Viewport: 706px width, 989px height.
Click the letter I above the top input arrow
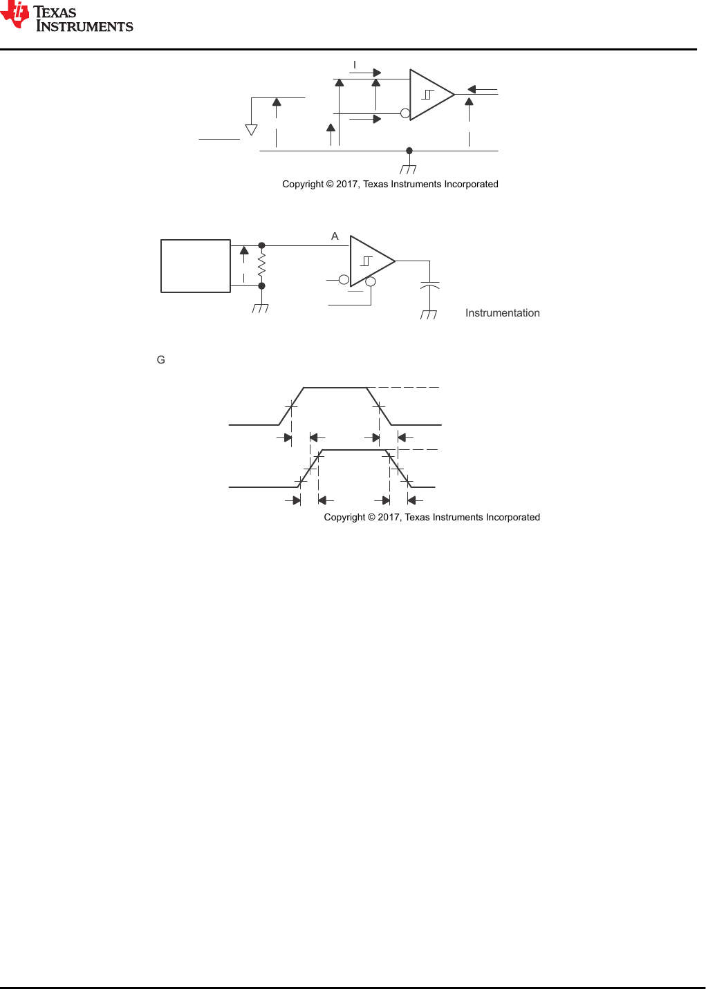coord(355,65)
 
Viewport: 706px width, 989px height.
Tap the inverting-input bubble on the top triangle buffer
coord(405,113)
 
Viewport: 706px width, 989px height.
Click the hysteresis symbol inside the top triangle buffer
coord(428,95)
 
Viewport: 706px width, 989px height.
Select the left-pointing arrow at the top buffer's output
coord(472,89)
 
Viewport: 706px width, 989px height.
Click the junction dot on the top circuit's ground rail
coord(409,151)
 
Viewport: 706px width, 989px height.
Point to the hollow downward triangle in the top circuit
coord(252,130)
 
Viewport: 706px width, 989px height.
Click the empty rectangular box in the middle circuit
coord(196,266)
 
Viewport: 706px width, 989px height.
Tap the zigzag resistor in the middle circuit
coord(261,265)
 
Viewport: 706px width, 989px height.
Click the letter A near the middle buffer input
coord(335,236)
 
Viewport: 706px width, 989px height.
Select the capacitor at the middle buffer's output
coord(429,285)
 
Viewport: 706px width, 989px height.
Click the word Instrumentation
coord(502,313)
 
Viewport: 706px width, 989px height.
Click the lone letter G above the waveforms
coord(161,360)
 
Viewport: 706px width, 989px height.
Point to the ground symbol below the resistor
coord(261,308)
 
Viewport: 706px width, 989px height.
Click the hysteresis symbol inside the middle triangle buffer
coord(366,261)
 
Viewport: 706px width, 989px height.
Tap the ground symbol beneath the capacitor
coord(429,314)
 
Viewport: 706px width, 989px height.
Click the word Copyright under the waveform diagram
coord(344,518)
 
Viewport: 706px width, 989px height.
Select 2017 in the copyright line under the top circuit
coord(347,185)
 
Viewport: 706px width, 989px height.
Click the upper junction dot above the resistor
coord(261,245)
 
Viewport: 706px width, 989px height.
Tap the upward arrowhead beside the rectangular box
coord(244,251)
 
